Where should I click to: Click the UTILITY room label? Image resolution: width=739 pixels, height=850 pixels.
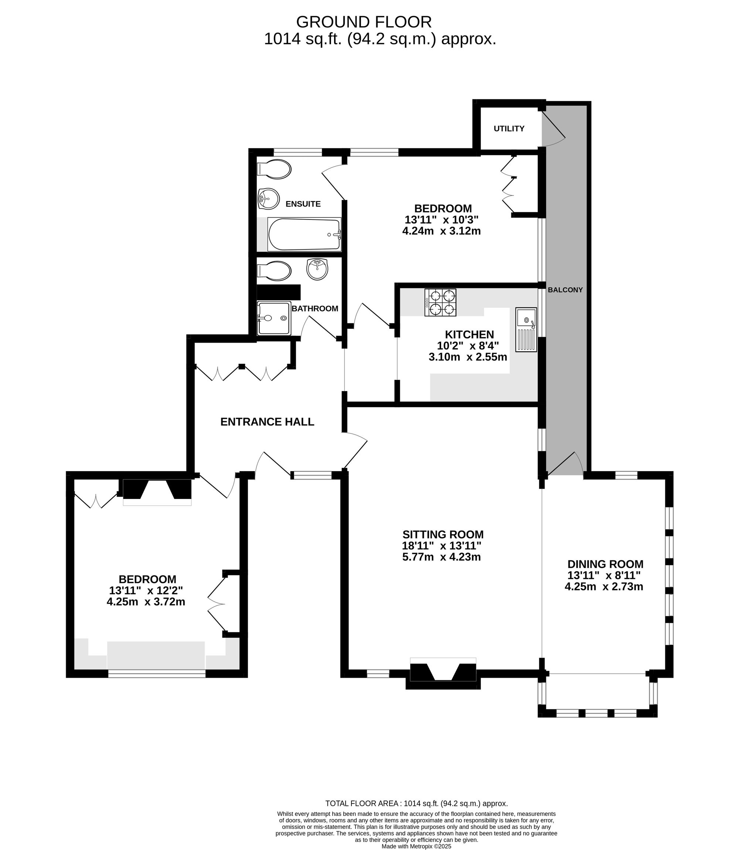tap(509, 129)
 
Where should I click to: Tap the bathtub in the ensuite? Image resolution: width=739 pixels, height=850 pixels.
tap(304, 234)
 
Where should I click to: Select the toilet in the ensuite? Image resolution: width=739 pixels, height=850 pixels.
tap(274, 169)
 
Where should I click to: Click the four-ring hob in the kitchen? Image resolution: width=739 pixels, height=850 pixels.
tap(440, 302)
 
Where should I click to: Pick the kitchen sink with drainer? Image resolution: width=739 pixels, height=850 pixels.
tap(526, 330)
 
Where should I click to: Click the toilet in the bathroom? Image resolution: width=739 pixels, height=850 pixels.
tap(274, 271)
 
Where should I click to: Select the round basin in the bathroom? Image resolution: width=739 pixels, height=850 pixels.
tap(317, 269)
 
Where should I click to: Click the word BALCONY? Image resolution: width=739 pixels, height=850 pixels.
tap(565, 290)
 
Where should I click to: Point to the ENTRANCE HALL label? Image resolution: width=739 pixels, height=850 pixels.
tap(267, 422)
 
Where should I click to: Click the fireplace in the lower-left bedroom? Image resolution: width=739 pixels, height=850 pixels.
tap(157, 491)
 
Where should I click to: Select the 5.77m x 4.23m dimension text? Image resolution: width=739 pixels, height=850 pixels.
tap(442, 557)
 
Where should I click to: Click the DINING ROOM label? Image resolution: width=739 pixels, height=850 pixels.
tap(605, 564)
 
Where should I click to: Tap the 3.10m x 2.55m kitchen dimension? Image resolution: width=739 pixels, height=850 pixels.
tap(468, 357)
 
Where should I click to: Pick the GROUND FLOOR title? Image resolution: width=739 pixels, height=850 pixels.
tap(364, 21)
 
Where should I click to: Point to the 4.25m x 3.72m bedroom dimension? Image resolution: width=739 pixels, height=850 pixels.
tap(146, 602)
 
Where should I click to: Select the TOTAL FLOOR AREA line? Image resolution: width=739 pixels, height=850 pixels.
tap(416, 803)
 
